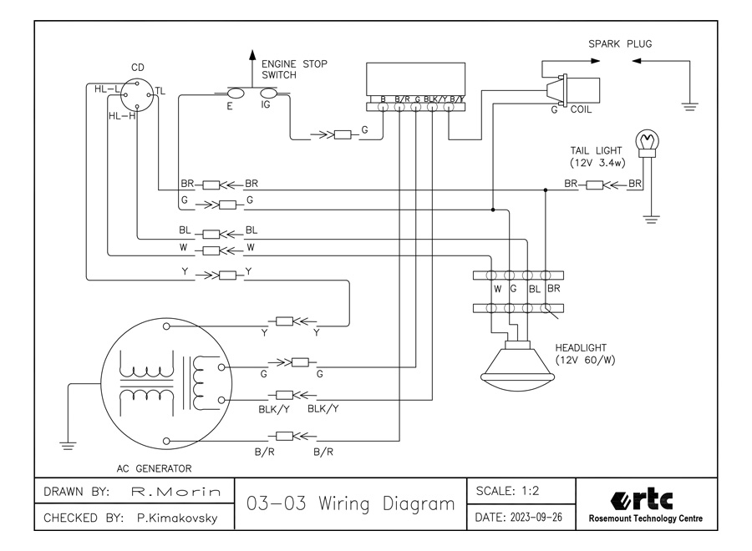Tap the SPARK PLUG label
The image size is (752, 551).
[x=620, y=43]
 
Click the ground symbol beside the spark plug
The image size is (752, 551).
[x=690, y=104]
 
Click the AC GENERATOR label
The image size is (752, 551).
[x=155, y=468]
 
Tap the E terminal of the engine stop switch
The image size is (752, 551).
[x=235, y=94]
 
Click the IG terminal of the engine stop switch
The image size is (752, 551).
[x=266, y=94]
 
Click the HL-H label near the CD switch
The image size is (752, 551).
[x=122, y=116]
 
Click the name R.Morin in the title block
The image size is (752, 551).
[x=176, y=492]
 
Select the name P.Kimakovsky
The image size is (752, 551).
[x=176, y=518]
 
